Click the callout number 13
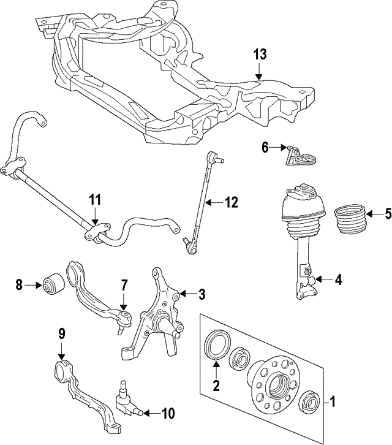click(x=260, y=55)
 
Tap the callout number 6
click(x=265, y=148)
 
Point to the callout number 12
click(x=231, y=202)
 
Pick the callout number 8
click(x=19, y=284)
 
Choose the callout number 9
click(x=61, y=335)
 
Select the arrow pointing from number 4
click(x=322, y=281)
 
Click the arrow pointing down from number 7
click(x=123, y=303)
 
